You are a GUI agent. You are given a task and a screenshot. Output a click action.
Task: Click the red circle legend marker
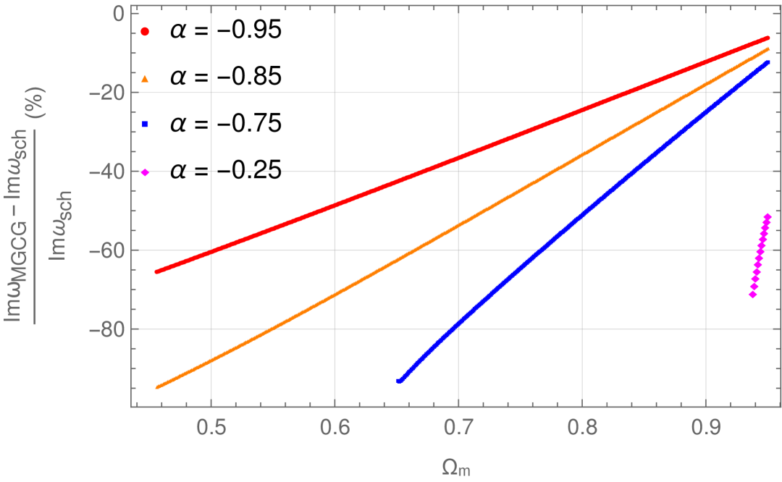[145, 32]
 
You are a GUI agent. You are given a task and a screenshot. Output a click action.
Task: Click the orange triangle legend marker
[145, 78]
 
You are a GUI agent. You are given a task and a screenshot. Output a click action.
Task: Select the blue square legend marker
[145, 124]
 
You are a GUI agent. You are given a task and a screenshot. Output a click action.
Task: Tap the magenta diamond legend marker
[145, 172]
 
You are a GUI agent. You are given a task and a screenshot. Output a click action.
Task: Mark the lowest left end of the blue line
[400, 380]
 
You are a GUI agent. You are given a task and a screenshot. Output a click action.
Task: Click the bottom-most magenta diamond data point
[752, 295]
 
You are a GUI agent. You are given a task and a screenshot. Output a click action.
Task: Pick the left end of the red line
[157, 271]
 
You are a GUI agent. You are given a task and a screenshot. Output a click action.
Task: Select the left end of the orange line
[158, 387]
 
